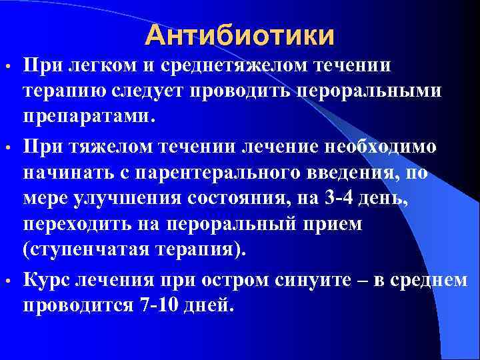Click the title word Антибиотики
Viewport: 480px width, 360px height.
[240, 35]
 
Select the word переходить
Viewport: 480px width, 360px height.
[88, 223]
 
